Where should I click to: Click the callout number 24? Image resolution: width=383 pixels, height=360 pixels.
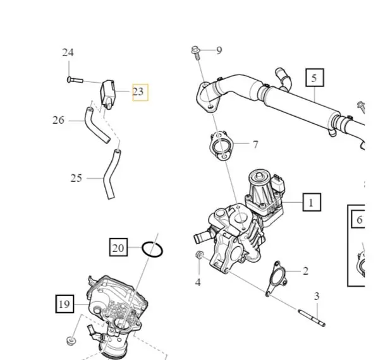tap(68, 52)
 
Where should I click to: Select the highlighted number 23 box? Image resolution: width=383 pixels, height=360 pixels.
tap(139, 92)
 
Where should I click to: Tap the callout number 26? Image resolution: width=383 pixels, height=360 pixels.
tap(58, 119)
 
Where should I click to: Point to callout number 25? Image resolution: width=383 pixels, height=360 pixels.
tap(76, 178)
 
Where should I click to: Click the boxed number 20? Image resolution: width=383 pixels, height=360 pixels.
tap(118, 248)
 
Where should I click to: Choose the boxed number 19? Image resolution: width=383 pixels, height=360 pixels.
tap(64, 304)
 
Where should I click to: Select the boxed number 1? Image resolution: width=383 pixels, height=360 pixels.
tap(310, 202)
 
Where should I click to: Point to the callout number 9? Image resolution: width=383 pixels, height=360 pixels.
tap(219, 50)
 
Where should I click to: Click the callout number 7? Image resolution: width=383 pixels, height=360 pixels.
tap(255, 145)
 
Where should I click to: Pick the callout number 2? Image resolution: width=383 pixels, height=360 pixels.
tap(305, 271)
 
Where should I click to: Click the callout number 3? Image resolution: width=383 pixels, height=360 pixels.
tap(317, 296)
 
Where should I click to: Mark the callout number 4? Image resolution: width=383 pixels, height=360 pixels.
tap(198, 282)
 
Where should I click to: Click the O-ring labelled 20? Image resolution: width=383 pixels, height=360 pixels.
tap(152, 249)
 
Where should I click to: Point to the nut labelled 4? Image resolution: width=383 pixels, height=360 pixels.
tap(198, 255)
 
